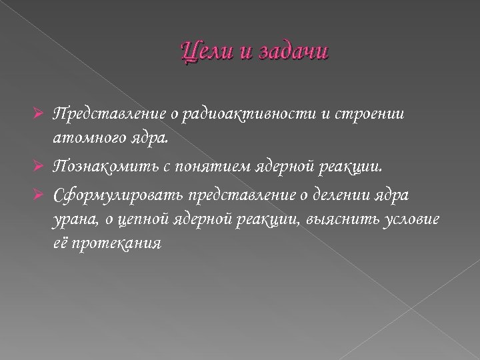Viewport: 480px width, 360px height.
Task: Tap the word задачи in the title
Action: tap(291, 51)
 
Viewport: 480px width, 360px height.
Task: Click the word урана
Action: tap(71, 219)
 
